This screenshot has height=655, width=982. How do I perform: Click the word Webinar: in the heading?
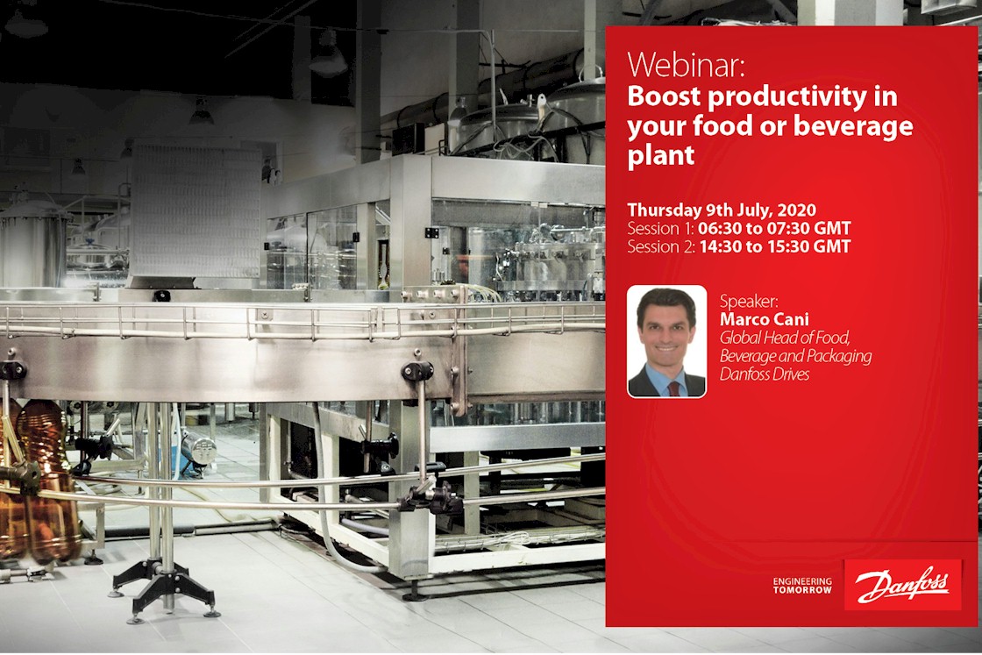[687, 65]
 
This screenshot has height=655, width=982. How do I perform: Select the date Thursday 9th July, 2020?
[722, 210]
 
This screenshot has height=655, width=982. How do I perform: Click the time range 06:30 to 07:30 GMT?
[774, 229]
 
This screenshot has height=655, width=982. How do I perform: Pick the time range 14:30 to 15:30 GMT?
[774, 247]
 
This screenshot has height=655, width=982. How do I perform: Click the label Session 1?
[661, 229]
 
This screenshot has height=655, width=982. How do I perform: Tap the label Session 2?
[662, 247]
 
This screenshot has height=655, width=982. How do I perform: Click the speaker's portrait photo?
[666, 341]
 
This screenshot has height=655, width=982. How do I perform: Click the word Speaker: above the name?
[749, 300]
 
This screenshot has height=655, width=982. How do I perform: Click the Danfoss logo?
[902, 586]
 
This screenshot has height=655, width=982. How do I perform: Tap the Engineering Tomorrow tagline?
[801, 586]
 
